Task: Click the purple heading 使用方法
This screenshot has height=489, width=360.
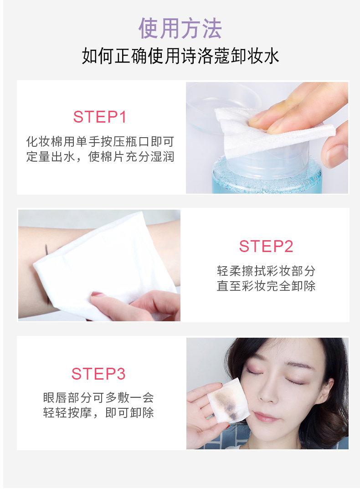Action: tap(180, 28)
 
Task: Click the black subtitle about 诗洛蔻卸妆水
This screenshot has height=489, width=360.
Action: tap(180, 56)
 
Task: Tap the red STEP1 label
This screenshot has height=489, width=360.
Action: tap(99, 117)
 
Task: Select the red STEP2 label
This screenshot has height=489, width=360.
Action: tap(266, 247)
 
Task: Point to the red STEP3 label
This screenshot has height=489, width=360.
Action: tap(98, 374)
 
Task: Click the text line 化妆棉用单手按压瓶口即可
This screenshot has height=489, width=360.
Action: tap(100, 142)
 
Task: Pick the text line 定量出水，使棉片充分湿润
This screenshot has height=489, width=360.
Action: tap(100, 157)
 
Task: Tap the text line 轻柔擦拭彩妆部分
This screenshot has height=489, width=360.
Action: tap(266, 271)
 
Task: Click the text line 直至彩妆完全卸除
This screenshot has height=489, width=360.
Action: tap(266, 286)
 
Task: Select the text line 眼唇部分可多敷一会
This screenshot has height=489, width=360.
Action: tap(98, 397)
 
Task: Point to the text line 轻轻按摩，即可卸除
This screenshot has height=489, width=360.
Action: tap(98, 412)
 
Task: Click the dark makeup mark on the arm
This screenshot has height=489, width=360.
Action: tap(46, 249)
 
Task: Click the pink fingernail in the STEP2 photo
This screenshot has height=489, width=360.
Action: tap(97, 294)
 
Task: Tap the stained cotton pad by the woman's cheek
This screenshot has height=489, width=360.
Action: tap(229, 401)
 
